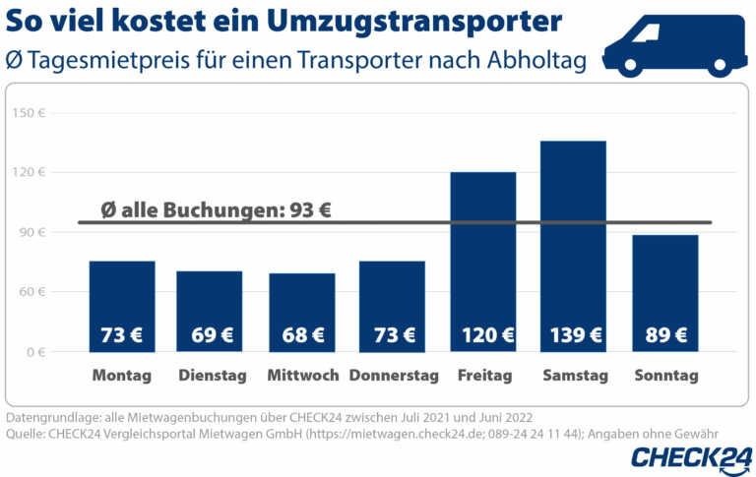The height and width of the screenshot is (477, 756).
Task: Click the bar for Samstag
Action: (x=574, y=246)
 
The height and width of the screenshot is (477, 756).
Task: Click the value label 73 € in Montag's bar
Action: (x=121, y=335)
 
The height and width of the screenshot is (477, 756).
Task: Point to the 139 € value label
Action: (x=574, y=335)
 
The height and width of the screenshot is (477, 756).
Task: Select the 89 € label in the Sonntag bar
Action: (x=665, y=335)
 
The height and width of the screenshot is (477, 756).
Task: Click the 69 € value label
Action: (x=210, y=335)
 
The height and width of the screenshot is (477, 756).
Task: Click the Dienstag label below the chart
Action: (x=210, y=376)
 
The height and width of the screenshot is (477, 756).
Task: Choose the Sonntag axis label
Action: (x=665, y=376)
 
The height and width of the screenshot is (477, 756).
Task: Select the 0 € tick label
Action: (x=35, y=352)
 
